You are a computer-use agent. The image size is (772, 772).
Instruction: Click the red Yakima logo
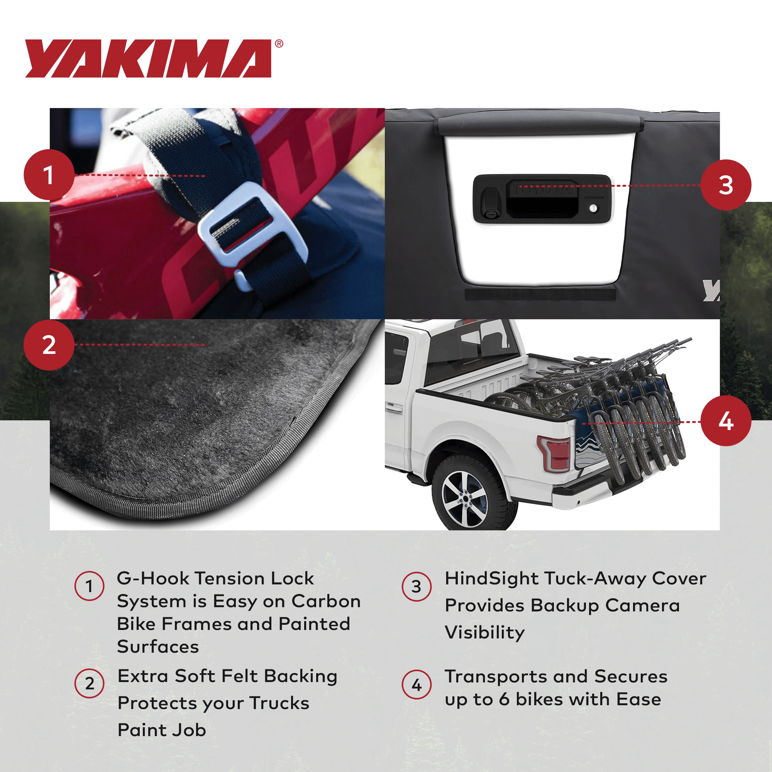(x=148, y=58)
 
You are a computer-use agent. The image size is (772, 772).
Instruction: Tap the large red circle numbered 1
(x=49, y=175)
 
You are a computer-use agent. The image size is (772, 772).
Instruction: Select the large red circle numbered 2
(x=49, y=345)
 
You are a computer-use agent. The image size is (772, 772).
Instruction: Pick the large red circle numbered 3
(x=726, y=185)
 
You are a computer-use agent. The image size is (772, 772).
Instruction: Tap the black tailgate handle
(x=542, y=199)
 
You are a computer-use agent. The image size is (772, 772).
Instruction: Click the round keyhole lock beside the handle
(x=593, y=208)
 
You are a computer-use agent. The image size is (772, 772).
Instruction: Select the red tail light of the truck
(x=555, y=454)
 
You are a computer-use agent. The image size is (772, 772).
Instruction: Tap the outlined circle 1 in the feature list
(x=89, y=586)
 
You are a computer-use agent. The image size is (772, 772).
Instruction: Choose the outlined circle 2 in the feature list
(x=89, y=684)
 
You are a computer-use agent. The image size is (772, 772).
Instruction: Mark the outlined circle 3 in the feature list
(x=417, y=586)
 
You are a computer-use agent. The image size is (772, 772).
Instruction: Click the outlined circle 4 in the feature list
(x=417, y=685)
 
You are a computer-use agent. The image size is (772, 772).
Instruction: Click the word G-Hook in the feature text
(x=152, y=578)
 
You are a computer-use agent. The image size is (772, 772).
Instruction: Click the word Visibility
(x=485, y=632)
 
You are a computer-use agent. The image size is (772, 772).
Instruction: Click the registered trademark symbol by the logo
(x=279, y=44)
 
